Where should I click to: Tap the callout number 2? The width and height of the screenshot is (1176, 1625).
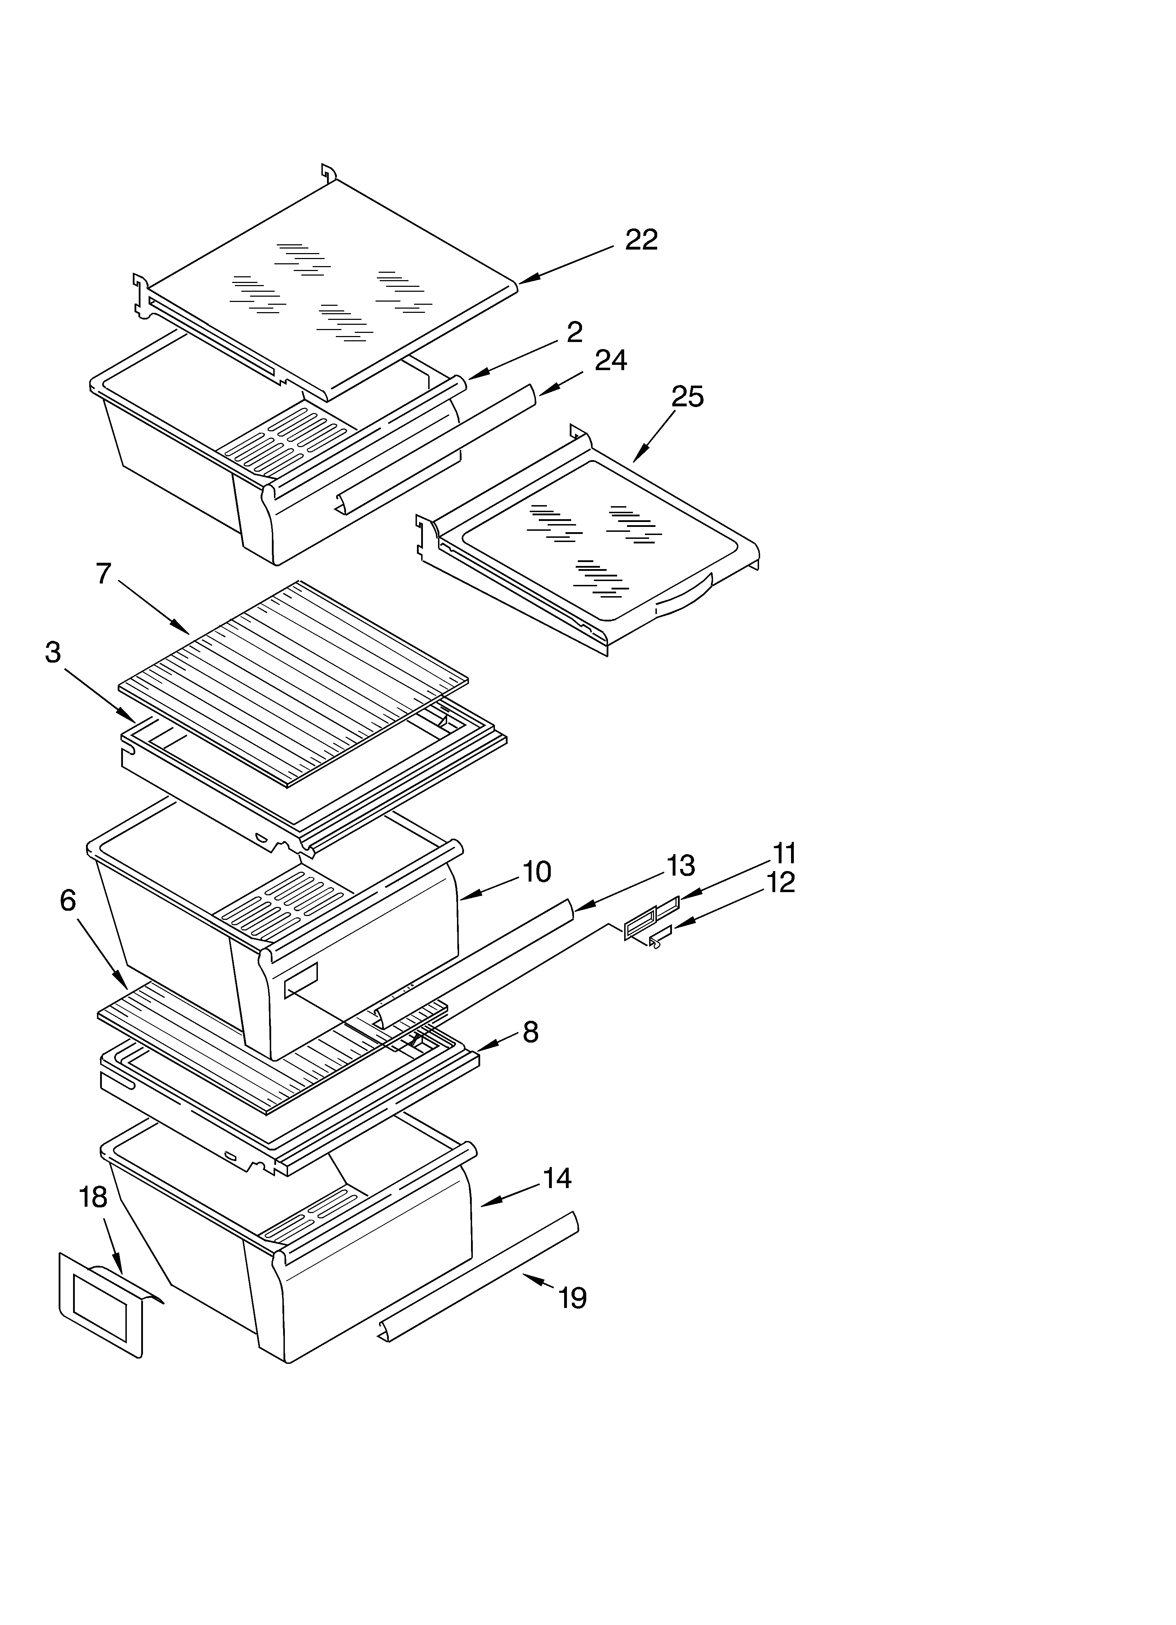coord(574,333)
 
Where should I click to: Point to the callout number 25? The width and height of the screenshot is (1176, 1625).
coord(687,396)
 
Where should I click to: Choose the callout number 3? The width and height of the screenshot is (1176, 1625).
coord(53,653)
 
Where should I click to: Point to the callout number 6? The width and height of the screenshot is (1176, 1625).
coord(68,901)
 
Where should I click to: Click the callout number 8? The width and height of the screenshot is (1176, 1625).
coord(530,1032)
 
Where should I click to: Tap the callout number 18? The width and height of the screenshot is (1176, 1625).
coord(93,1197)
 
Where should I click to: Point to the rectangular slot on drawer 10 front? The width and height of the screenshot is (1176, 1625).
coord(301,980)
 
